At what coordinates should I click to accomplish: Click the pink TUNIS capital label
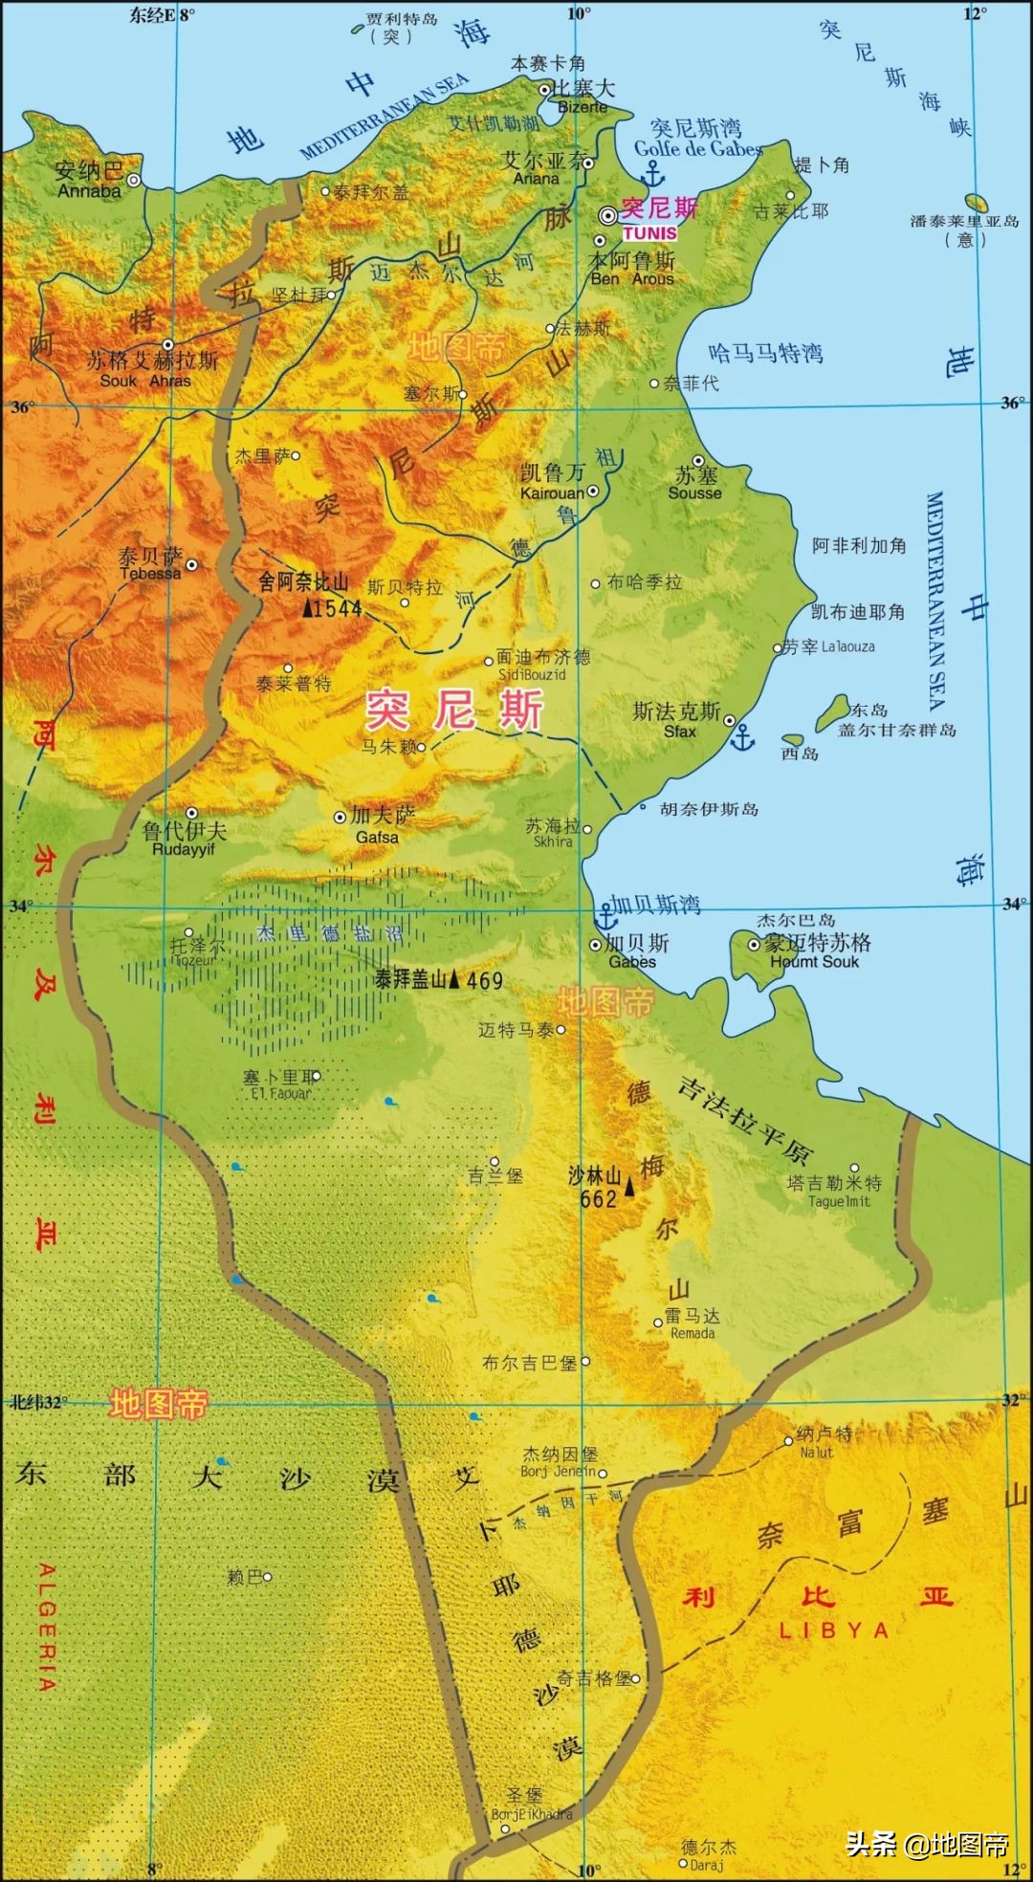(649, 232)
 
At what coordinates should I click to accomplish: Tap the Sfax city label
(680, 732)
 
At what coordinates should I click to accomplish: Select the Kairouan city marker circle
(593, 491)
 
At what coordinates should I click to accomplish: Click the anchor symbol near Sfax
(742, 737)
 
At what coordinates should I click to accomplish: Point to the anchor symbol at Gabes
(605, 915)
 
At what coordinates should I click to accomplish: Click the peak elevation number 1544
(337, 608)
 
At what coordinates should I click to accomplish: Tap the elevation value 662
(599, 1199)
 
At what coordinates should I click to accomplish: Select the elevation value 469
(485, 980)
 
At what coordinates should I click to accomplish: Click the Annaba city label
(89, 190)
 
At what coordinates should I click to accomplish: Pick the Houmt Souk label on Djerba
(814, 961)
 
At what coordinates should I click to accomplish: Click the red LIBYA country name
(833, 1630)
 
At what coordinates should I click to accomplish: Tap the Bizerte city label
(582, 107)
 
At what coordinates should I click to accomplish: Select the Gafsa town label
(377, 837)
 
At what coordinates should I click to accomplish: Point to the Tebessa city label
(150, 574)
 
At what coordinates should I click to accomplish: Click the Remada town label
(692, 1333)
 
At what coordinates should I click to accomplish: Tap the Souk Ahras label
(145, 381)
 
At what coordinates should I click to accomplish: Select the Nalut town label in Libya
(816, 1452)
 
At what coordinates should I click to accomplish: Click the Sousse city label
(695, 493)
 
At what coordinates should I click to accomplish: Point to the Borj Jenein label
(559, 1472)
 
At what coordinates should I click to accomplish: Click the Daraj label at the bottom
(707, 1865)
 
